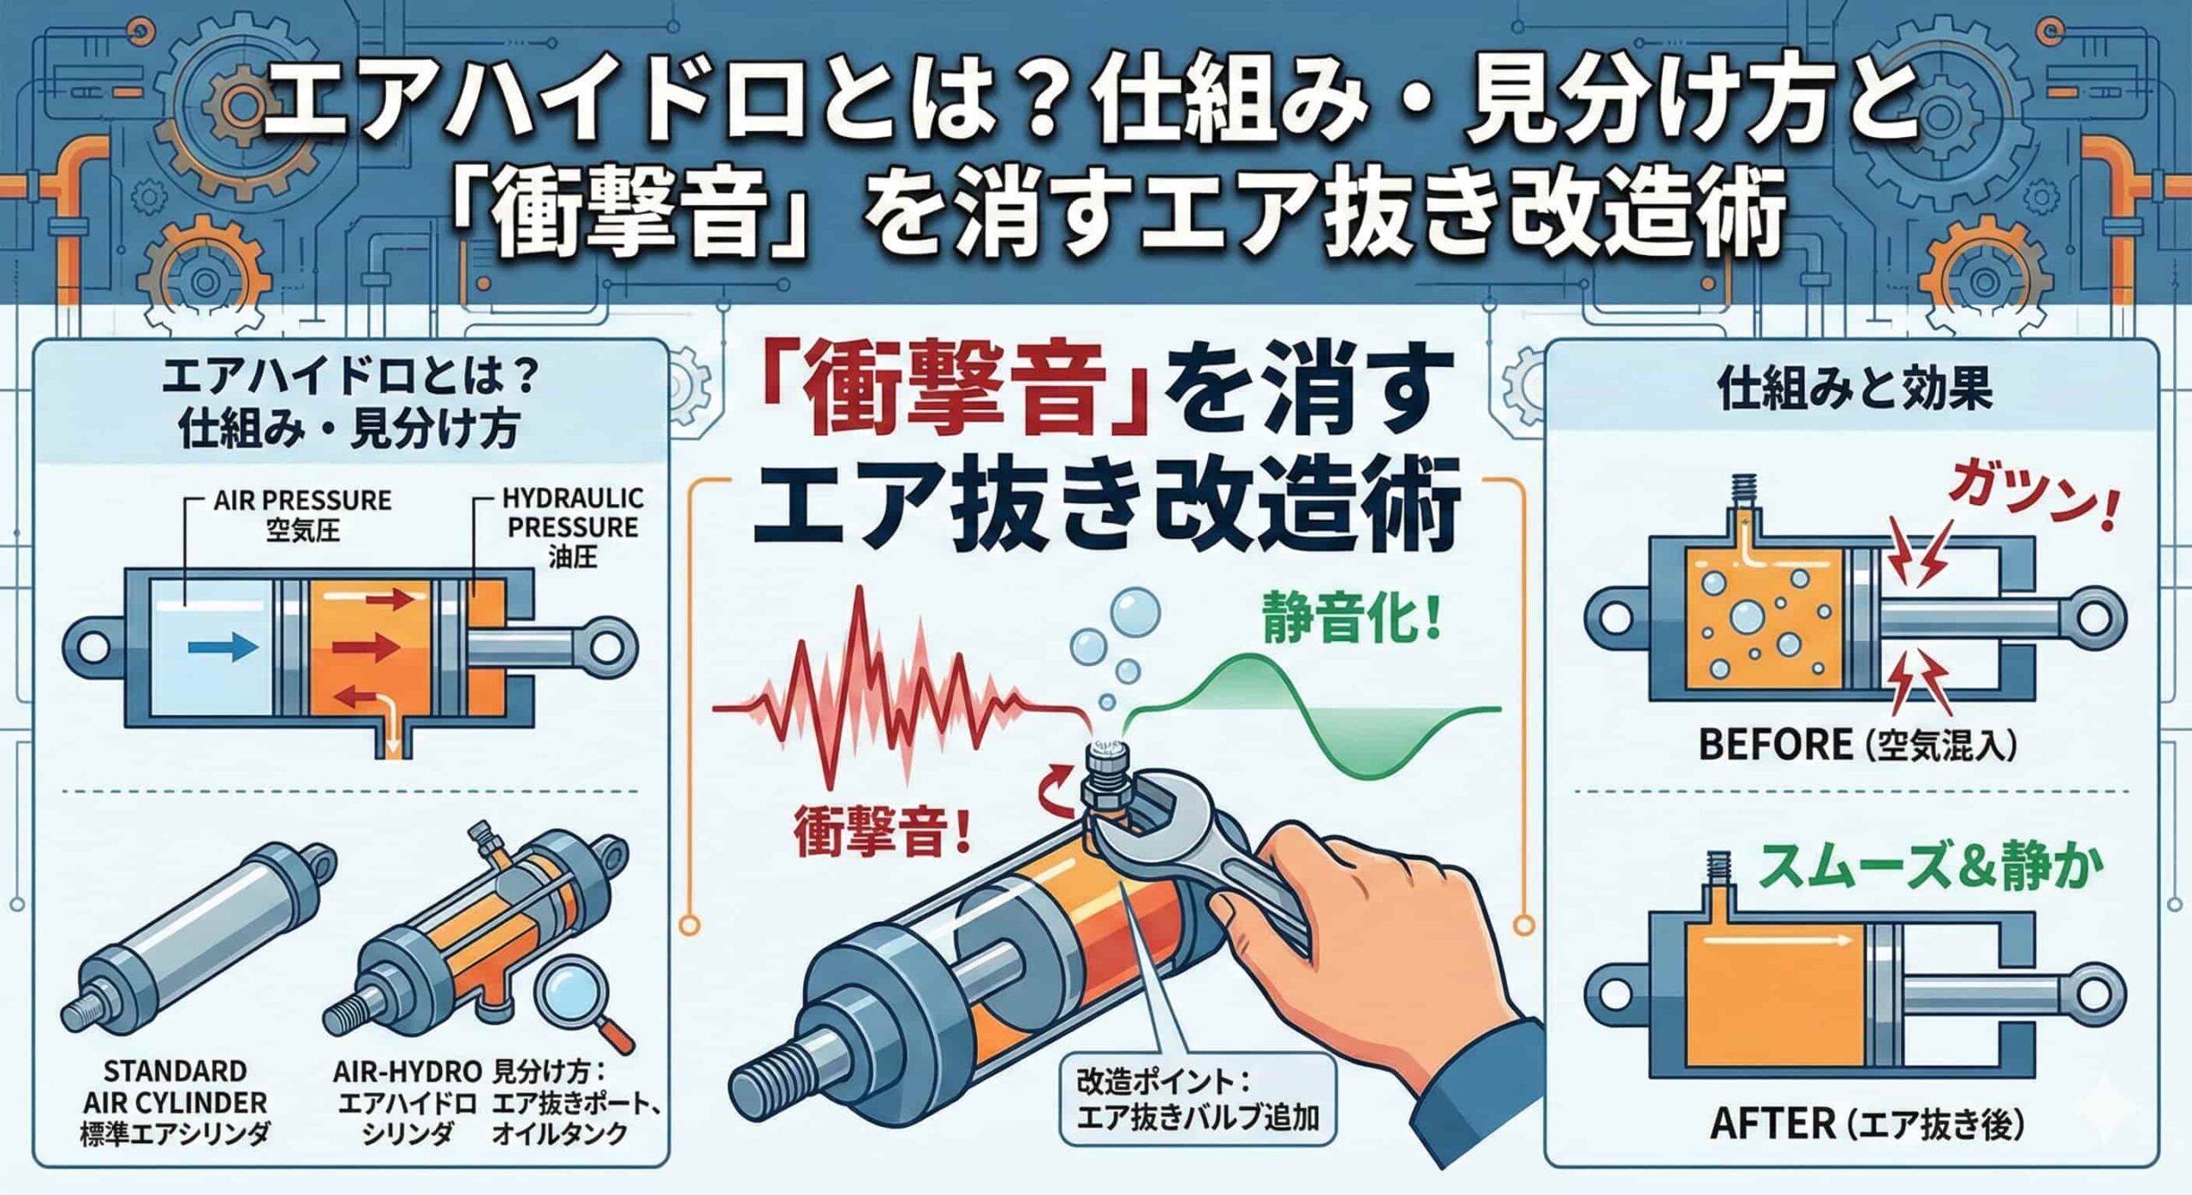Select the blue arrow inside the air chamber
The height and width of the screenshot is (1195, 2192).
pyautogui.click(x=221, y=648)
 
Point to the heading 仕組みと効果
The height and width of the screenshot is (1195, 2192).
pyautogui.click(x=1855, y=389)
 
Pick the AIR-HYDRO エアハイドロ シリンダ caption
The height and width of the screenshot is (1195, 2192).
pyautogui.click(x=406, y=1102)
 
